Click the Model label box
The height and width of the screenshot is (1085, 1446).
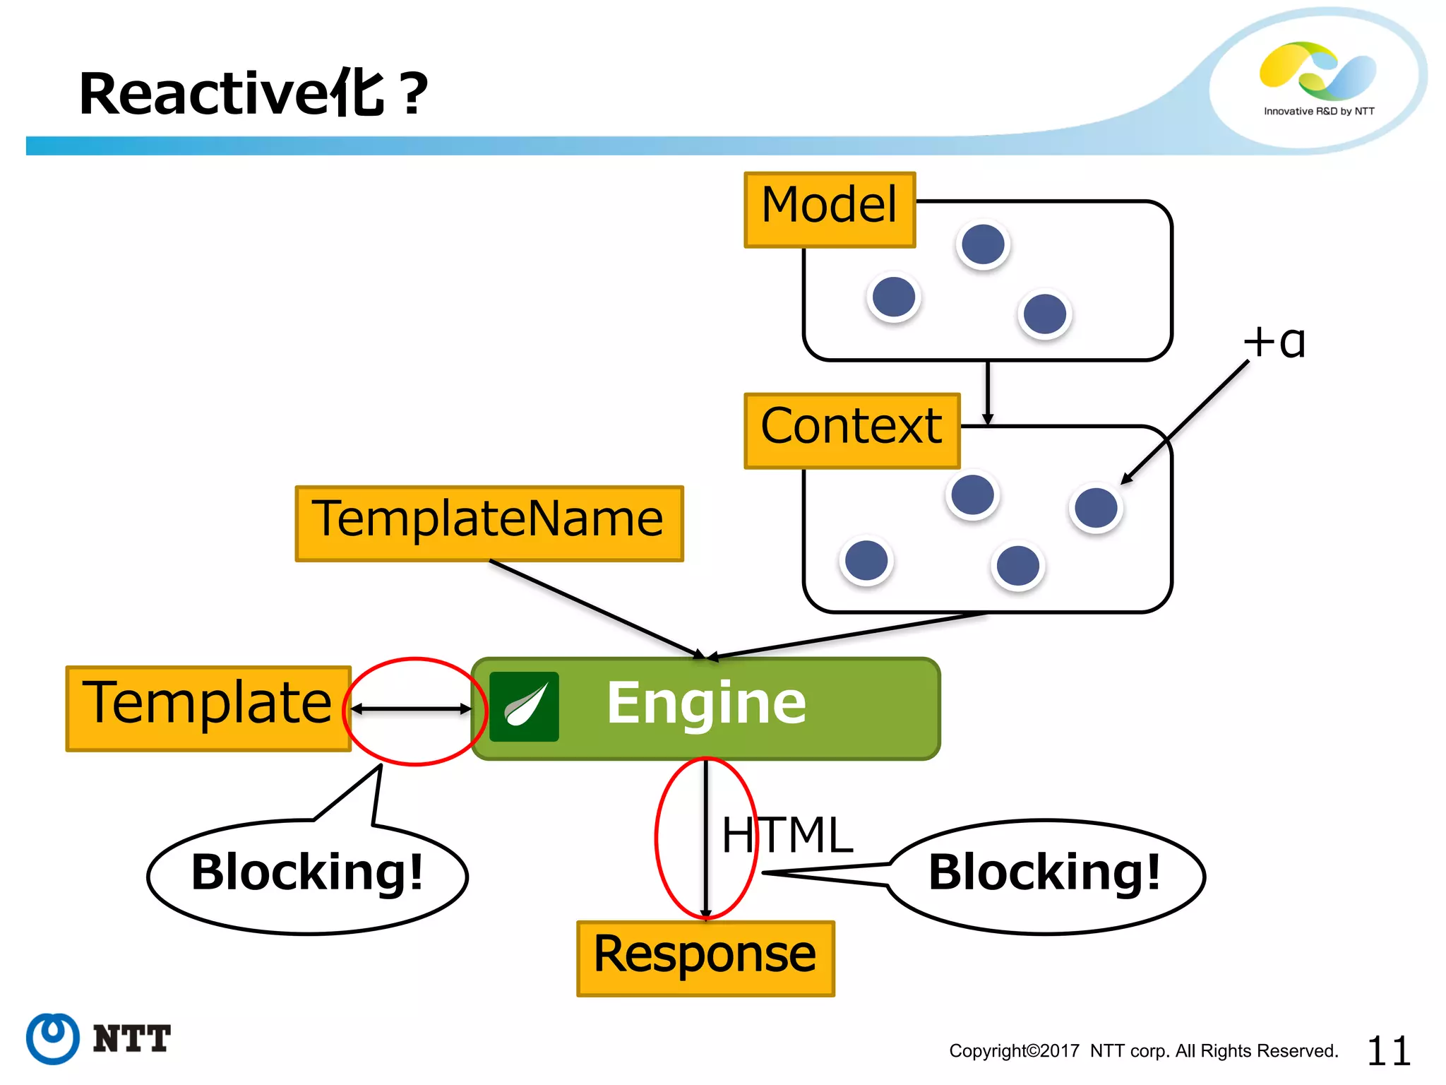830,210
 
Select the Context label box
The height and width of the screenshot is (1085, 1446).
852,431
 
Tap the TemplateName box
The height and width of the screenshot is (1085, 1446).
489,523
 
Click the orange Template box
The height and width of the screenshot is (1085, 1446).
208,708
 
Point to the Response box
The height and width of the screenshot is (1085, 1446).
705,959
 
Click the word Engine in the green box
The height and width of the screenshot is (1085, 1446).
706,704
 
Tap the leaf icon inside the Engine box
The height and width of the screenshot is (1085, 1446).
524,706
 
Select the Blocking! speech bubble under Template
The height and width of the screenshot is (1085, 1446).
307,876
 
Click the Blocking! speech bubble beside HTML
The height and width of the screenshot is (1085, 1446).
1045,876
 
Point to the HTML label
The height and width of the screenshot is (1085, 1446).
787,836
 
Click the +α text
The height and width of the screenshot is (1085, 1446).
1274,343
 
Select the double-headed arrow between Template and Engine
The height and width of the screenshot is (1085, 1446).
412,708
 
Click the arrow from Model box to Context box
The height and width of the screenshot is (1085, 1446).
987,392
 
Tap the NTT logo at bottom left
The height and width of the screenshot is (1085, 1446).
99,1038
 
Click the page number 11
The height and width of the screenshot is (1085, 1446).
1388,1051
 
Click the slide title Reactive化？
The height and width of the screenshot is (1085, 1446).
253,94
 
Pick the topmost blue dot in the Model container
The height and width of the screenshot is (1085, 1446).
983,244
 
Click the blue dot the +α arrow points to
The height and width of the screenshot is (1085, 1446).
1095,507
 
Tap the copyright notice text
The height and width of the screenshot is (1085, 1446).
1143,1051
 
